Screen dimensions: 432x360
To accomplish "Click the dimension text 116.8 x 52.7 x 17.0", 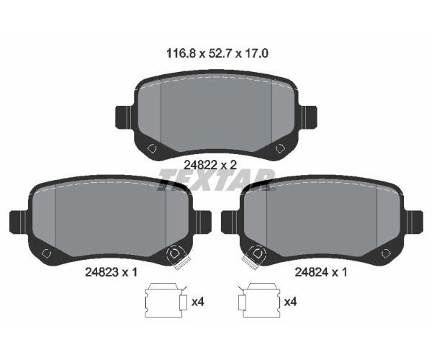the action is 217,53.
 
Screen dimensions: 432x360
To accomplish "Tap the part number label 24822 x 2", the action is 210,166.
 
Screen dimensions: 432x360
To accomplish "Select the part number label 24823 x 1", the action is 111,272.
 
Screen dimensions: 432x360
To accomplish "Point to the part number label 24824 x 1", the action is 321,272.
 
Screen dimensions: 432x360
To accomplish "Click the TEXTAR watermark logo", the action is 216,179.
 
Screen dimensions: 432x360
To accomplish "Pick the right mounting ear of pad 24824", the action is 414,222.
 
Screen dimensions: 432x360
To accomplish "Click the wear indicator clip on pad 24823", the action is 178,258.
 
